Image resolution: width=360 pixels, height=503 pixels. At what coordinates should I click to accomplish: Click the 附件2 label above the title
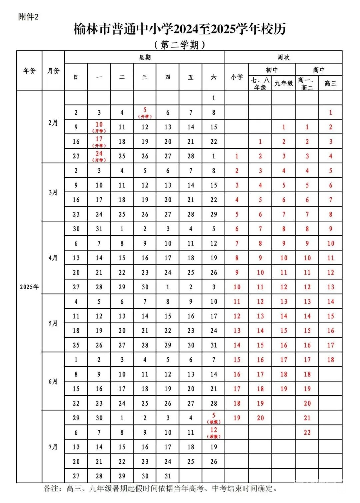point(28,17)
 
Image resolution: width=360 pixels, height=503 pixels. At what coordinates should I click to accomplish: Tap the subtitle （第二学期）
point(180,45)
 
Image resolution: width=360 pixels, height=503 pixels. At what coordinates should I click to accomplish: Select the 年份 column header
point(29,71)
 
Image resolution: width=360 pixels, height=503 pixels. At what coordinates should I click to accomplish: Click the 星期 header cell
point(145,57)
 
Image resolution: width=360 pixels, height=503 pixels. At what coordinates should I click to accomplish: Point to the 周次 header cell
point(283,57)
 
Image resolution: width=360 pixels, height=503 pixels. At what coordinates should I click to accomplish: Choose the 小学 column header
point(237,77)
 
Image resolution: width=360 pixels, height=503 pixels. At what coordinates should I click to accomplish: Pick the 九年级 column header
point(283,83)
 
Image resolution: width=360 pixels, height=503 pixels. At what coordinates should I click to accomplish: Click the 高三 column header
point(330,83)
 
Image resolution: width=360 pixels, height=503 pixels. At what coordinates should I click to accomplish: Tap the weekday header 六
point(213,77)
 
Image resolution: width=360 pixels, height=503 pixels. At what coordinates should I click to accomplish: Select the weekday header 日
point(76,77)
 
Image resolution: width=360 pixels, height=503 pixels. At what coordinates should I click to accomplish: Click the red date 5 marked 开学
point(145,110)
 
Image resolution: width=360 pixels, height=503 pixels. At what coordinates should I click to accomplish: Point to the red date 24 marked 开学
point(99,154)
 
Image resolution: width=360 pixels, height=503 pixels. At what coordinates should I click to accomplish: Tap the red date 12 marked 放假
point(214,430)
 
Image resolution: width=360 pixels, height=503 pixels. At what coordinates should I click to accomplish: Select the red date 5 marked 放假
point(214,416)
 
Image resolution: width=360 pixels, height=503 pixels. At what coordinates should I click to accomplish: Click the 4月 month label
point(53,258)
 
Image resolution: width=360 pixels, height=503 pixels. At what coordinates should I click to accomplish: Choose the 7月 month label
point(53,447)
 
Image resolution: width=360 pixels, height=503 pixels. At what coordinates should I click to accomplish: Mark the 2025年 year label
point(29,287)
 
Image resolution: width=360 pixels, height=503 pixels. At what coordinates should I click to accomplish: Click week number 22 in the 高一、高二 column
point(307,432)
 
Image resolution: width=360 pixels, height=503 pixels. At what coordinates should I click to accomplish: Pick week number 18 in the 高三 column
point(330,360)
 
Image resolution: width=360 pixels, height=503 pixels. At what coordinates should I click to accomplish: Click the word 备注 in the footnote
point(52,489)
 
